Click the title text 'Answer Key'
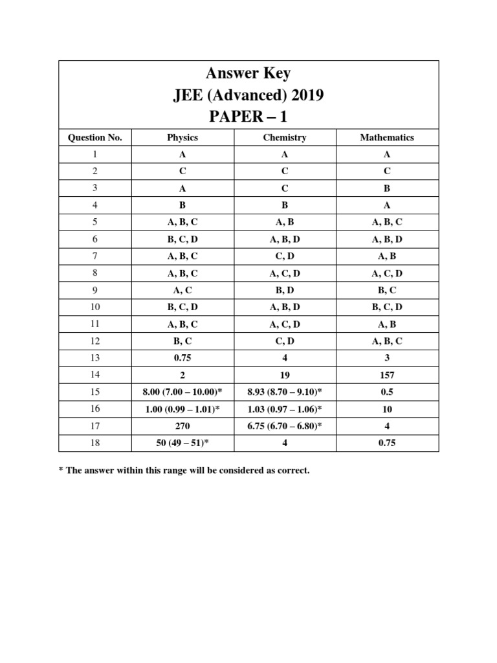coord(248,73)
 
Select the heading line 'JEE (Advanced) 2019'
coord(248,96)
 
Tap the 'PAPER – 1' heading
coord(248,118)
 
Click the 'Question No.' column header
coord(95,137)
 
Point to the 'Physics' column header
coord(182,137)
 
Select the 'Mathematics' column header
coord(387,137)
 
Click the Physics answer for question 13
coord(182,358)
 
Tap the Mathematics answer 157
coord(387,375)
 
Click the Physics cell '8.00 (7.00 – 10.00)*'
coord(182,392)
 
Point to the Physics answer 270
coord(182,426)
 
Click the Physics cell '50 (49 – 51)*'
coord(182,443)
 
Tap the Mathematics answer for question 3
coord(387,188)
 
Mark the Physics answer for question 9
coord(182,290)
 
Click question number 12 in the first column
coord(95,341)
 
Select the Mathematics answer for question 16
coord(387,409)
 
